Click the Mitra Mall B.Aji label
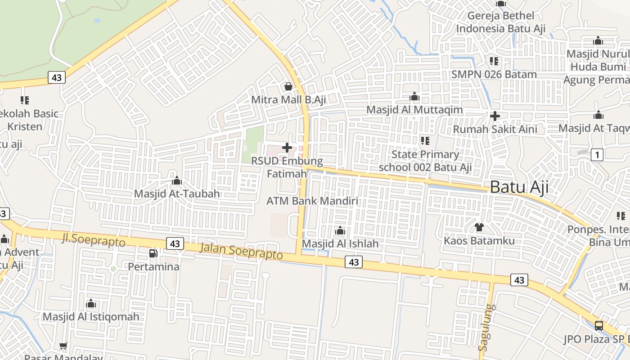click(288, 99)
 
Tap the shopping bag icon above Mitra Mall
click(288, 86)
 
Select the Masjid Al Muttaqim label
click(414, 110)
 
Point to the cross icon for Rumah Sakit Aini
click(495, 116)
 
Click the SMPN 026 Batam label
click(494, 74)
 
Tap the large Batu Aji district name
click(519, 187)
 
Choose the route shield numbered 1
click(597, 155)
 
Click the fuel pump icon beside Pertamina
click(153, 253)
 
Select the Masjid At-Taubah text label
click(177, 194)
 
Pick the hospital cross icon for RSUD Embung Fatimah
click(287, 147)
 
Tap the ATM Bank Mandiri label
click(312, 201)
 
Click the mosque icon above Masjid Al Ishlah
click(340, 231)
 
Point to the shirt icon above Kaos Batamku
click(479, 227)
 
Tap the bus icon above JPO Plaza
click(599, 325)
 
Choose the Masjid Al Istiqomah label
click(91, 317)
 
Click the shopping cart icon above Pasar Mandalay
click(63, 346)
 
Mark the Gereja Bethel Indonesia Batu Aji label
click(501, 22)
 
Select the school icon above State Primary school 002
click(425, 141)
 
